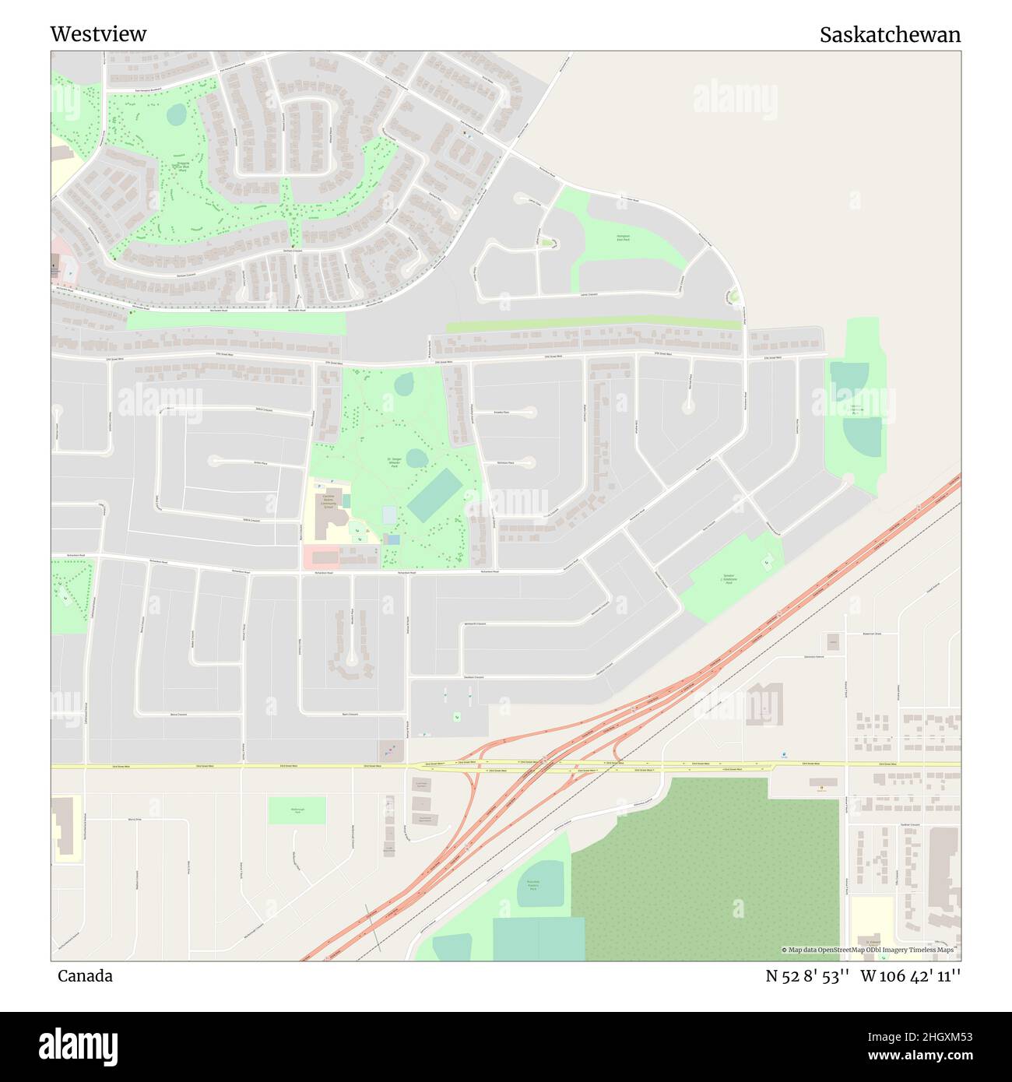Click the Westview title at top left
pyautogui.click(x=98, y=34)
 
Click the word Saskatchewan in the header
pyautogui.click(x=890, y=35)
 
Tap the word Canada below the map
pyautogui.click(x=85, y=976)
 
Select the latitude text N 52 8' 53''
pyautogui.click(x=806, y=976)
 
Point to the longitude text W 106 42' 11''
pyautogui.click(x=911, y=976)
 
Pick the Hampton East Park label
pyautogui.click(x=623, y=237)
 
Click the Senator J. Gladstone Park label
pyautogui.click(x=729, y=579)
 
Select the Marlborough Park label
pyautogui.click(x=297, y=810)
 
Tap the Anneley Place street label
pyautogui.click(x=502, y=412)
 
